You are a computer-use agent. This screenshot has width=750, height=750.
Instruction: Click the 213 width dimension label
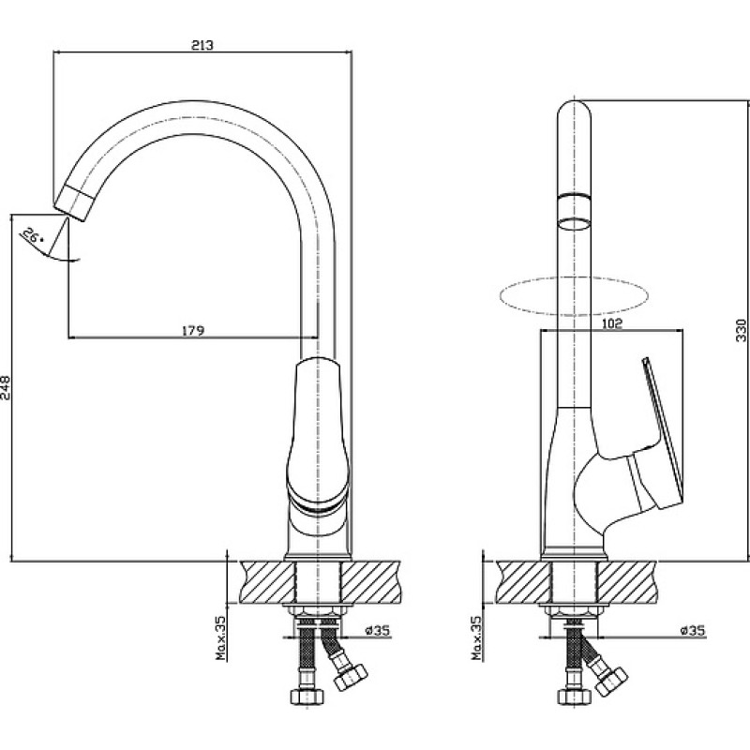[202, 45]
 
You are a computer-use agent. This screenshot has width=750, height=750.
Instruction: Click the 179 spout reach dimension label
[193, 331]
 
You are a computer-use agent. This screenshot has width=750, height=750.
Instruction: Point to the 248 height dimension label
[6, 387]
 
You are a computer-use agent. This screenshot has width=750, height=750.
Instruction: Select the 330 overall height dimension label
[741, 330]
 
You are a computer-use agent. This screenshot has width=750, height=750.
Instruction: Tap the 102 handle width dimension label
[612, 323]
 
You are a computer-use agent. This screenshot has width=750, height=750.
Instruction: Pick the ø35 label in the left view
[378, 630]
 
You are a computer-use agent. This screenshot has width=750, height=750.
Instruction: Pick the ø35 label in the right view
[693, 630]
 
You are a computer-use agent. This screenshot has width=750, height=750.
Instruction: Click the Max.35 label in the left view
[220, 637]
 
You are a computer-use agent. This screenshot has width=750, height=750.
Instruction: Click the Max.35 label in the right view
[477, 637]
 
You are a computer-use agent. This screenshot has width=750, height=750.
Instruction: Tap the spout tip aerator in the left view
[74, 202]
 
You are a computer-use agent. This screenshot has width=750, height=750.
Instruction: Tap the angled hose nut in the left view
[350, 677]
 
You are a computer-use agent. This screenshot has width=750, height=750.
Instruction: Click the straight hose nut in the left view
[307, 696]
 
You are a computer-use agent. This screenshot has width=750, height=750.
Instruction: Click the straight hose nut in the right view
[575, 696]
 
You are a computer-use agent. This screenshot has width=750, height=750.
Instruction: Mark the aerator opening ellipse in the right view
[575, 224]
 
